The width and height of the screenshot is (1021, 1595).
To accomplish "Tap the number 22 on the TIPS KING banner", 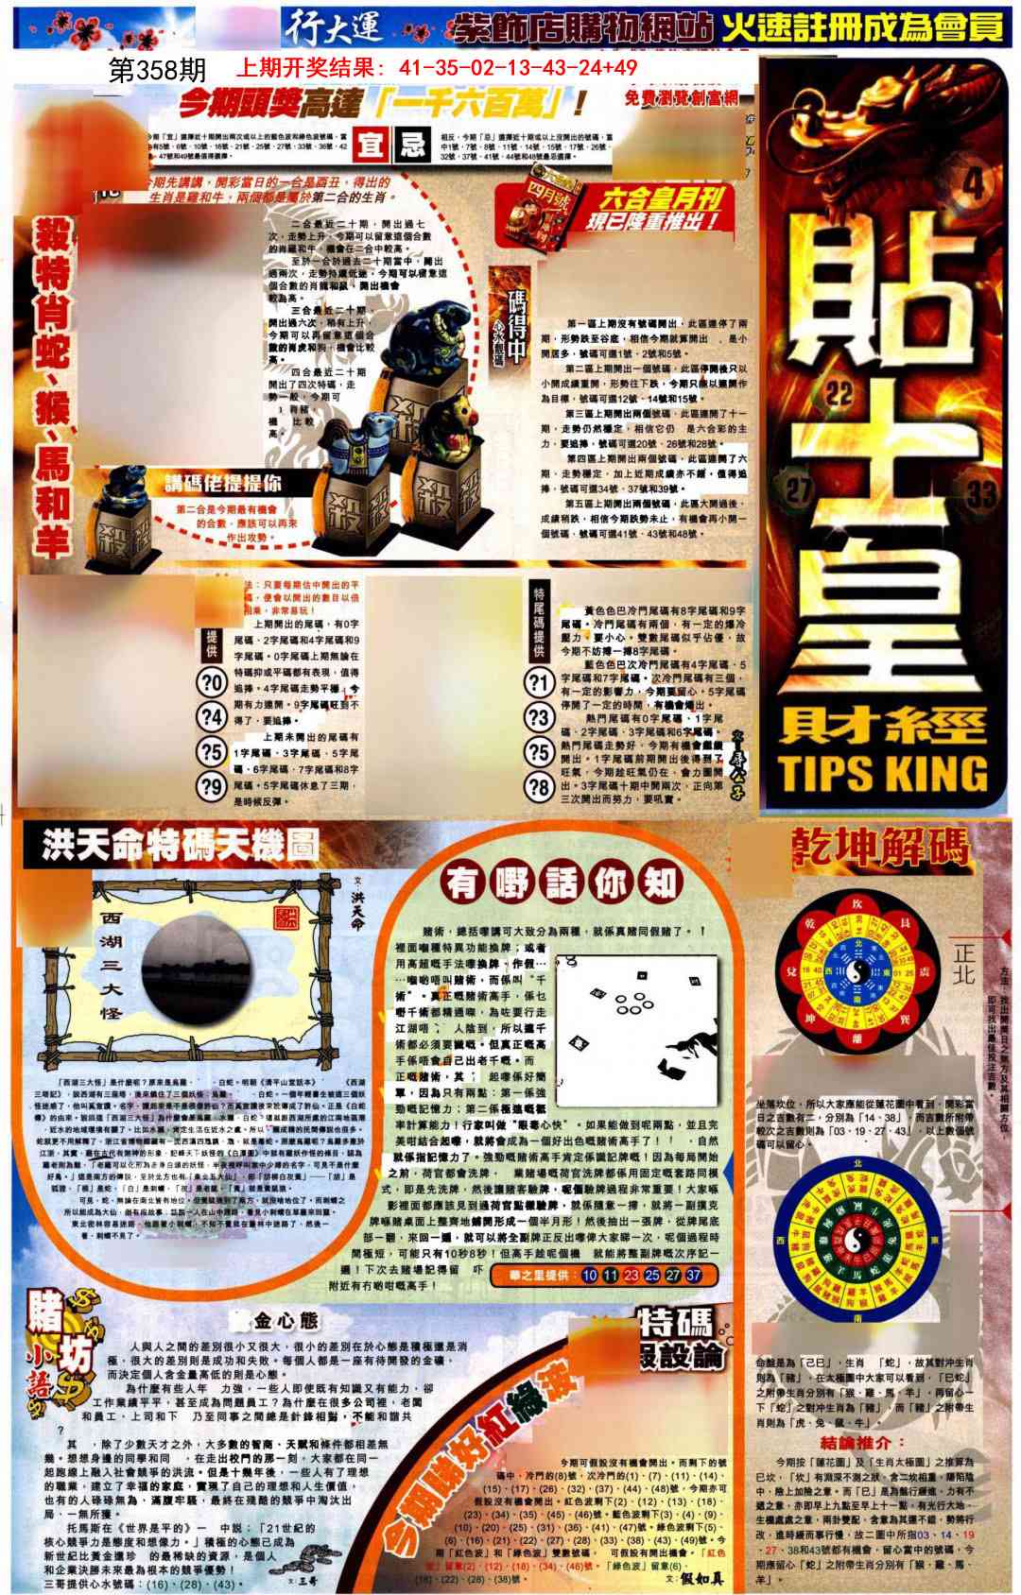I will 839,392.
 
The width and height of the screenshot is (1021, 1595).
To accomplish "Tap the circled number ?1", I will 539,681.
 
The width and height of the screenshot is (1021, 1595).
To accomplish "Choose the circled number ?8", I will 539,786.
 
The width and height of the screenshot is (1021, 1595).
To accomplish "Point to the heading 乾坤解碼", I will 881,848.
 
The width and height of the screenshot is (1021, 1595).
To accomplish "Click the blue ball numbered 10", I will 589,1275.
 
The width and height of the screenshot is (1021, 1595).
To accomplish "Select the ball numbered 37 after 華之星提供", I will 693,1275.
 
